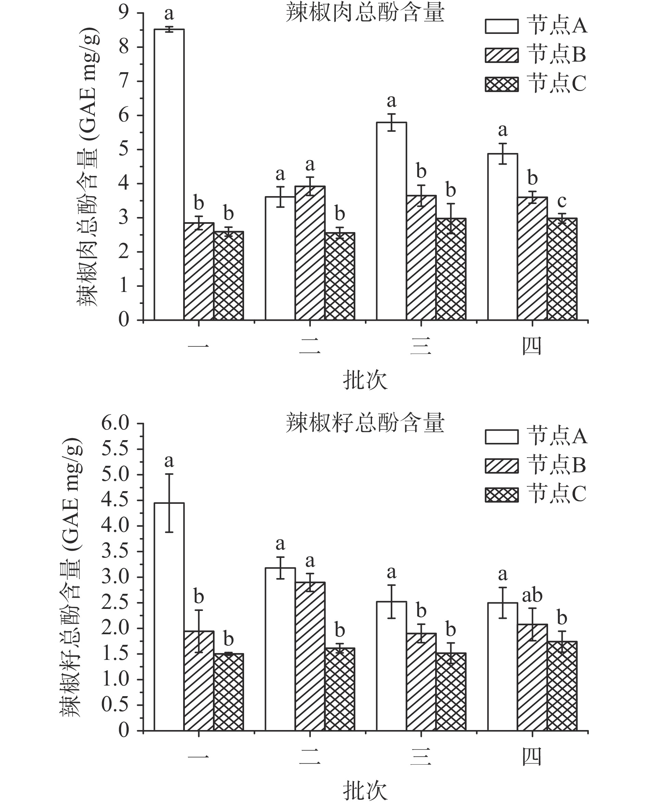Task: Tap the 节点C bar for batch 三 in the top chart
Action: (x=451, y=269)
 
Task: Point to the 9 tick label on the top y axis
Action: (x=123, y=13)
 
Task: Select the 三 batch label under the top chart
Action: (x=421, y=346)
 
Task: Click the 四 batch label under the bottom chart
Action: (x=532, y=757)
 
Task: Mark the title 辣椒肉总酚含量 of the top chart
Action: (x=365, y=13)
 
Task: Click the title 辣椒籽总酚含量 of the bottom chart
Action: (x=365, y=423)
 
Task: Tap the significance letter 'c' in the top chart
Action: (x=561, y=202)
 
